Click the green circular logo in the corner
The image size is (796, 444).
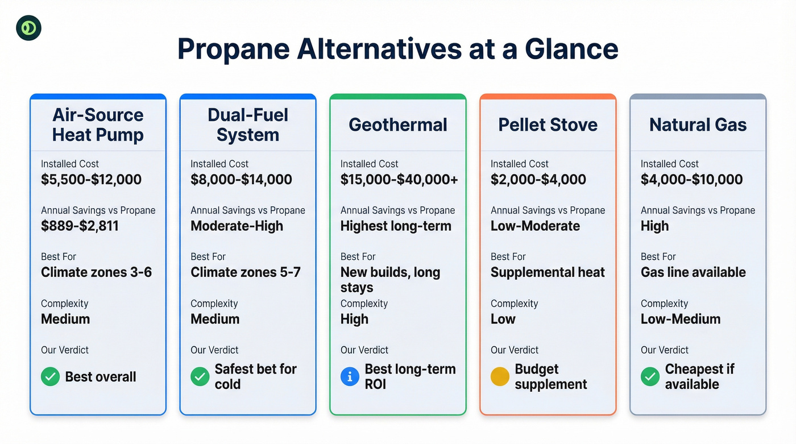(28, 28)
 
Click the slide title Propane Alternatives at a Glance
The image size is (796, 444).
(397, 49)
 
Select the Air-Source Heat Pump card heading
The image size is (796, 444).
(98, 125)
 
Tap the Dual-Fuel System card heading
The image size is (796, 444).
(248, 125)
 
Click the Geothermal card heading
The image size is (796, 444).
(398, 125)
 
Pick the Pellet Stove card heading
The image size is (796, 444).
(548, 125)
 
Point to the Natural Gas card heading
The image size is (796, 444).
(698, 125)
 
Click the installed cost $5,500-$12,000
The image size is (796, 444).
(91, 180)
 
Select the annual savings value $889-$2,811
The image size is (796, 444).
(80, 226)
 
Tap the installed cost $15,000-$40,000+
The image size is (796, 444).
(399, 180)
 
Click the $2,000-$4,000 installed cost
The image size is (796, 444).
(538, 180)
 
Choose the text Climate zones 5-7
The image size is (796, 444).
(246, 272)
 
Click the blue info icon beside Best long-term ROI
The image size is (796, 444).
(350, 376)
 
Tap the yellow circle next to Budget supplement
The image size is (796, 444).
(500, 376)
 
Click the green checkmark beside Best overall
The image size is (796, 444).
(50, 376)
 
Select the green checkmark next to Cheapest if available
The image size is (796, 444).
(650, 376)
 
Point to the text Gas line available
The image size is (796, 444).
(693, 272)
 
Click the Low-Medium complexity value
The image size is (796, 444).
(681, 319)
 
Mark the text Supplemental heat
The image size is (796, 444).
(548, 272)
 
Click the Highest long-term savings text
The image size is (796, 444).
(396, 226)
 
